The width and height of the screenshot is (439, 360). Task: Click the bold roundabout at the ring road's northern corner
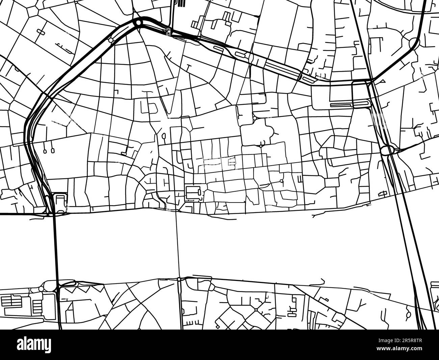(x=138, y=23)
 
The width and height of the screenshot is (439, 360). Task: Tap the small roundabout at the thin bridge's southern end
(x=179, y=280)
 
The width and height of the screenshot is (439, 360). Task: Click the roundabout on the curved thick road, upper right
(x=414, y=43)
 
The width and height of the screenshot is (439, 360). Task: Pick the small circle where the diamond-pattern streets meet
(x=256, y=310)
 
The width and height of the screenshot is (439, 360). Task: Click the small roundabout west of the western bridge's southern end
(x=41, y=288)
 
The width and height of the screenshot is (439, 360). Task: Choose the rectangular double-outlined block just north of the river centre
(x=193, y=193)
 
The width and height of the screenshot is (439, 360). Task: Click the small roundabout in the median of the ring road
(x=111, y=40)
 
